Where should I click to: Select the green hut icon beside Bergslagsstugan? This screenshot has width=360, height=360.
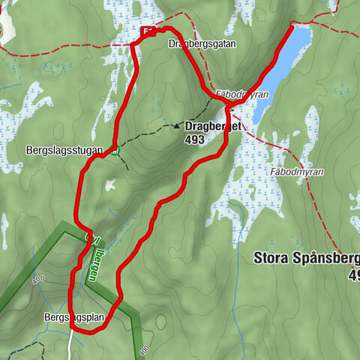[x=114, y=151]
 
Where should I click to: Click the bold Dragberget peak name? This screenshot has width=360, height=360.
[x=213, y=127]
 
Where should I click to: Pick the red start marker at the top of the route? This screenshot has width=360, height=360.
[x=148, y=31]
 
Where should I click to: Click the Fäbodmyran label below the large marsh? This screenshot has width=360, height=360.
[x=299, y=172]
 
